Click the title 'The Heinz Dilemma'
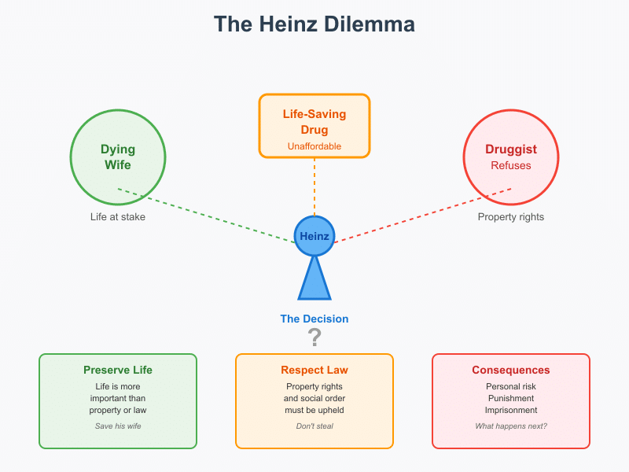pyautogui.click(x=314, y=24)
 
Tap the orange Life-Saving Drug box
pyautogui.click(x=314, y=126)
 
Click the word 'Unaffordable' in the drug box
pyautogui.click(x=314, y=146)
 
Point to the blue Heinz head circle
pyautogui.click(x=314, y=235)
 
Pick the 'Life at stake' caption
pyautogui.click(x=118, y=216)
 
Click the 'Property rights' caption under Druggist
pyautogui.click(x=511, y=216)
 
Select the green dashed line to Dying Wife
pyautogui.click(x=204, y=214)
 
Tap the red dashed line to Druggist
pyautogui.click(x=425, y=214)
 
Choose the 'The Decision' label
pyautogui.click(x=314, y=319)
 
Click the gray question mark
pyautogui.click(x=314, y=337)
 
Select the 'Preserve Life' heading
pyautogui.click(x=118, y=370)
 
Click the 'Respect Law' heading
pyautogui.click(x=314, y=370)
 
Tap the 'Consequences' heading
pyautogui.click(x=511, y=370)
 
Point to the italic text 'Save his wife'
pyautogui.click(x=118, y=426)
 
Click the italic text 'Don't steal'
pyautogui.click(x=314, y=426)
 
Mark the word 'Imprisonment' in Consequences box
pyautogui.click(x=511, y=410)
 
